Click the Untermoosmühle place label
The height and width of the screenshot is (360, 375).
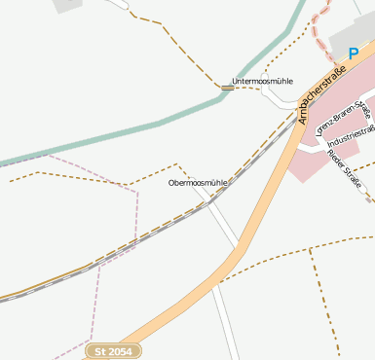coord(262,81)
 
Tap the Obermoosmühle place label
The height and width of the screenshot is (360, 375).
coord(198,183)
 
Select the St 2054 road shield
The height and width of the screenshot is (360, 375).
coord(113,350)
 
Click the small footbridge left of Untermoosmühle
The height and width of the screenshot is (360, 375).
coord(226,89)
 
